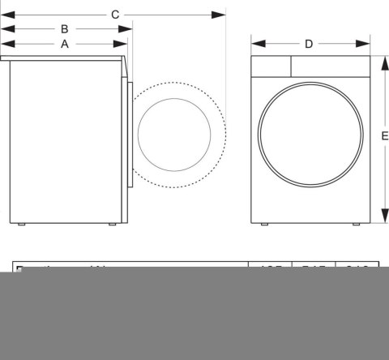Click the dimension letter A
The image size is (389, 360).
point(64,45)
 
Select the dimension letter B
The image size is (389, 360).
point(64,29)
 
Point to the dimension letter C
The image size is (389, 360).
point(115,15)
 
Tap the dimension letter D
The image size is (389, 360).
point(308,44)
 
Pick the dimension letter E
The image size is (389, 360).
point(384,136)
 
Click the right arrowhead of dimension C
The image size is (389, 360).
point(221,15)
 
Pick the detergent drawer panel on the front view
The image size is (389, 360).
point(271,65)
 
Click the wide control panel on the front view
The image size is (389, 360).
point(328,65)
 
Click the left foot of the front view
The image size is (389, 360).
point(266,223)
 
